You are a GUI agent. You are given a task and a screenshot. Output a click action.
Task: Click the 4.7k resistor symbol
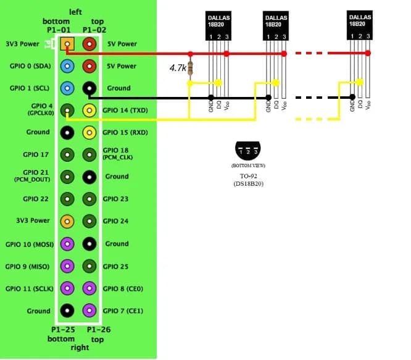coord(190,67)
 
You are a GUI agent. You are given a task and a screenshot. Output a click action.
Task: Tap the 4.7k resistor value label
coord(177,68)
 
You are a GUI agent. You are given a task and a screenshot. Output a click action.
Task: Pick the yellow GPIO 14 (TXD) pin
coord(90,110)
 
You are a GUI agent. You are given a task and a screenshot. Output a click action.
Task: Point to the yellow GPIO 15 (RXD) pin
coord(90,132)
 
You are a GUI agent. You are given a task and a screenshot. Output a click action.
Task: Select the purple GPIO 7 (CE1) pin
coord(90,310)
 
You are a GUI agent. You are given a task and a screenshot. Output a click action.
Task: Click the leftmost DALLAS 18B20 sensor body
coord(218,22)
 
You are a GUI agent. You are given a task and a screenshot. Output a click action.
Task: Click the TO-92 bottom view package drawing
coord(248,151)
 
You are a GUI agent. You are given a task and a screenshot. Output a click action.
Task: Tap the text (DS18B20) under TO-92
coord(248,184)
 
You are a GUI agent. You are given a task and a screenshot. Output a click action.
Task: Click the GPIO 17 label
coord(37,154)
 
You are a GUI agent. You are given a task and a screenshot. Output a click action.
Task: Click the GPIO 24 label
coord(115,221)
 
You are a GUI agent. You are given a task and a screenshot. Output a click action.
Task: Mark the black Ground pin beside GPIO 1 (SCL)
coord(90,88)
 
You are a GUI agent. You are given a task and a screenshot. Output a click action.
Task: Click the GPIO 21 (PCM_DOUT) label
coord(31,175)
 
